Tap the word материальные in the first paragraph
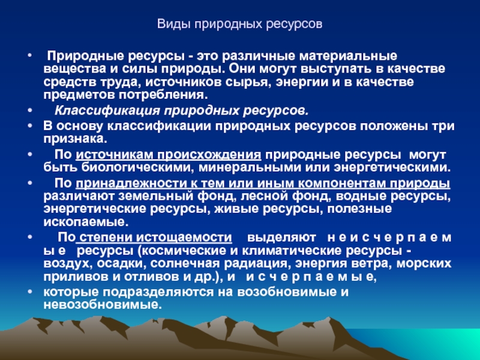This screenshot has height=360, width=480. click(x=348, y=56)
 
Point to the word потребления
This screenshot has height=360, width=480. click(x=163, y=95)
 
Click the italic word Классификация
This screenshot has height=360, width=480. click(x=107, y=111)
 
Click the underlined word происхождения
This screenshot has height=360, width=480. click(x=209, y=155)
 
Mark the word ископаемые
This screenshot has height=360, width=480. click(x=86, y=222)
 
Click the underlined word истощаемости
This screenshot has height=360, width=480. click(x=184, y=238)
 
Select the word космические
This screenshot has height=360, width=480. click(x=181, y=251)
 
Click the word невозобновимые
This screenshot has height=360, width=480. click(x=103, y=305)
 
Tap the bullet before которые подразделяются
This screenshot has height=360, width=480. click(x=29, y=292)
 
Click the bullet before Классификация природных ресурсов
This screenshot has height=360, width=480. click(x=29, y=110)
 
